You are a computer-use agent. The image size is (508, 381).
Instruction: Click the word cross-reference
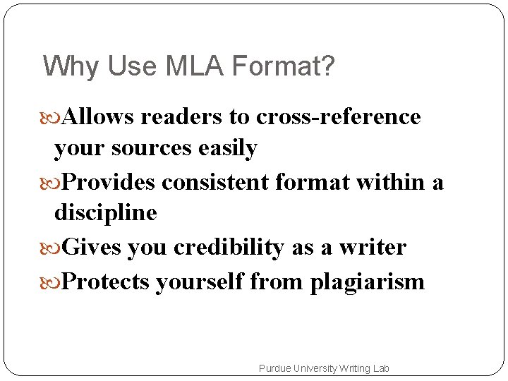(x=338, y=116)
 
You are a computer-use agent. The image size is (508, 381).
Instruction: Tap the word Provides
(x=109, y=183)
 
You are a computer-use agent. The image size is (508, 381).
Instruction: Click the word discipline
(x=105, y=212)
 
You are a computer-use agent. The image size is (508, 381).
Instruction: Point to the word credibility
(x=229, y=248)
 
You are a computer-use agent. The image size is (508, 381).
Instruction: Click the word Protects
(x=106, y=282)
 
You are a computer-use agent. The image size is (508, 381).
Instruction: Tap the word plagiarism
(x=367, y=282)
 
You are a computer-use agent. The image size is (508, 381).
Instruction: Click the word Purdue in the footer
(x=274, y=368)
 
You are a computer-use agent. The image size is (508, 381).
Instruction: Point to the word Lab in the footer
(x=380, y=368)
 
